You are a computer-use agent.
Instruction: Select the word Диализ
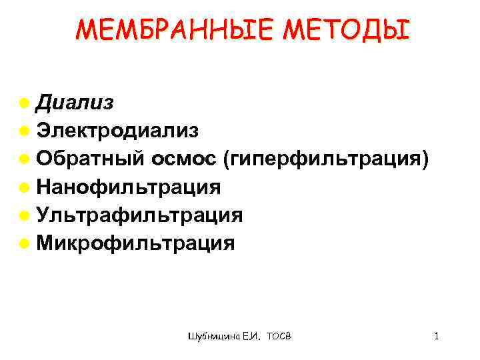click(75, 103)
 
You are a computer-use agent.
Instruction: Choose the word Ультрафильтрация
click(140, 215)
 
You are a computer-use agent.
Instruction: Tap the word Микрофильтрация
click(136, 243)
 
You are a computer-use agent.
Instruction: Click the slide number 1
click(436, 336)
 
